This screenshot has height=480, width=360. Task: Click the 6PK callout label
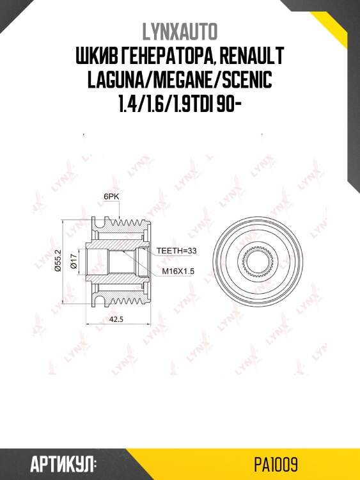[x=111, y=197]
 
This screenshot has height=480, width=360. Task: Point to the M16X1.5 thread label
[x=178, y=271]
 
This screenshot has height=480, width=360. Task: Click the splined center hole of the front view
[x=258, y=262]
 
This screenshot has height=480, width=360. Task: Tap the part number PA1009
[x=277, y=463]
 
